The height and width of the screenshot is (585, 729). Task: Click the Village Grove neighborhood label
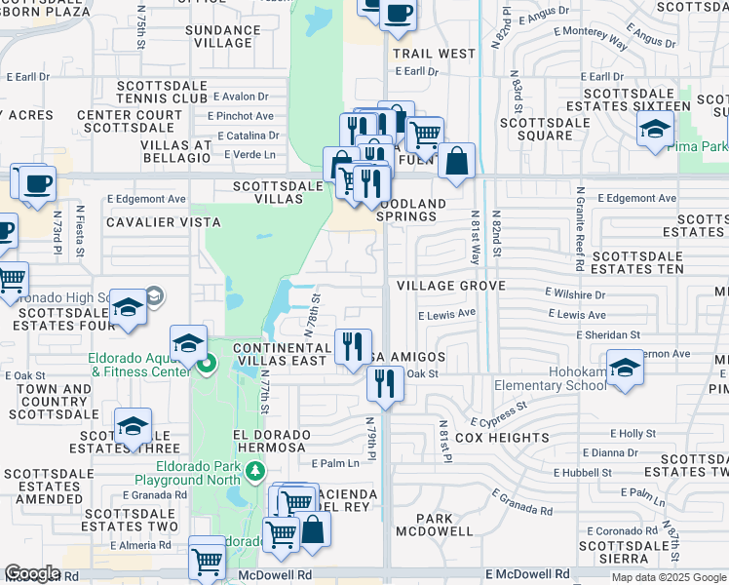[450, 286]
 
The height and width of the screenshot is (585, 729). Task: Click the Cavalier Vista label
[149, 222]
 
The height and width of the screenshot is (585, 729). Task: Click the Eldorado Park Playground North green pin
[254, 473]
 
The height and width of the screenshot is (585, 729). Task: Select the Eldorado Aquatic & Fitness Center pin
[206, 367]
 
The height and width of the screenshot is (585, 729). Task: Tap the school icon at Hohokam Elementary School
[625, 368]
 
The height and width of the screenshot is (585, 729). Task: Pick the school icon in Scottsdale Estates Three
[133, 426]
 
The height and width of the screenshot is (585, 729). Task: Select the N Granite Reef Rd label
[582, 229]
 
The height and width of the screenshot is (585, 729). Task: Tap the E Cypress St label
[498, 415]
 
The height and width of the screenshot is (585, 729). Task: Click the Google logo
[33, 573]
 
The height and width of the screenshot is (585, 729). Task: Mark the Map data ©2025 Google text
[669, 577]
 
